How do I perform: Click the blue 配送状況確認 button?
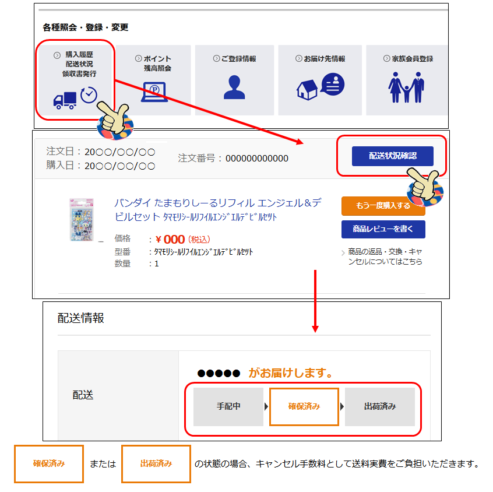[x=392, y=156]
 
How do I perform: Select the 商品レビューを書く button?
[x=383, y=229]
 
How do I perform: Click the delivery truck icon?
[x=65, y=101]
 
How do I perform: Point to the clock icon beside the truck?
[x=89, y=95]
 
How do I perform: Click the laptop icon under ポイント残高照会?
[x=154, y=92]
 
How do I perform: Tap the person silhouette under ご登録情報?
[x=234, y=87]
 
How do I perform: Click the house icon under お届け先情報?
[x=307, y=90]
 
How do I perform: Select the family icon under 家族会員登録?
[x=406, y=87]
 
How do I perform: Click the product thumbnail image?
[x=82, y=220]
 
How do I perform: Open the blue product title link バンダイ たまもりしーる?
[x=217, y=210]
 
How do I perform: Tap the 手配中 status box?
[x=228, y=407]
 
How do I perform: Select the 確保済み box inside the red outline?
[x=304, y=407]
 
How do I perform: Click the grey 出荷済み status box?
[x=380, y=407]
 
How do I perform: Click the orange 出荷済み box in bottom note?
[x=156, y=463]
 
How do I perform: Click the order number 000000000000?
[x=257, y=158]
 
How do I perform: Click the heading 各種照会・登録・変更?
[x=86, y=27]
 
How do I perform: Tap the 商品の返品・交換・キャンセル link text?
[x=385, y=256]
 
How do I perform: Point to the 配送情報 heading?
[x=81, y=318]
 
